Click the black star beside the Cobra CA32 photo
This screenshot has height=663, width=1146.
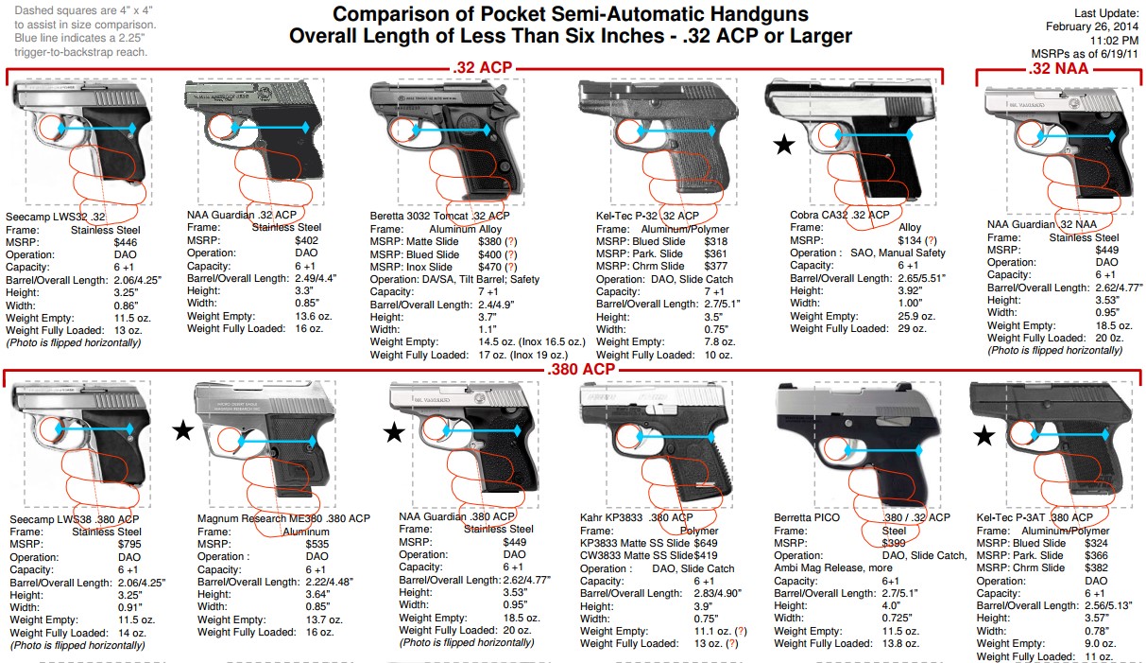pyautogui.click(x=783, y=145)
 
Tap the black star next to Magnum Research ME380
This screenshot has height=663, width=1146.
pyautogui.click(x=183, y=432)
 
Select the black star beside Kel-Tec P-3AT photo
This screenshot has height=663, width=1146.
pyautogui.click(x=984, y=436)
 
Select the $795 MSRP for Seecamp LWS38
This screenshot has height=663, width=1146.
pyautogui.click(x=129, y=546)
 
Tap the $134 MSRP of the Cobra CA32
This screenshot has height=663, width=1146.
pyautogui.click(x=911, y=240)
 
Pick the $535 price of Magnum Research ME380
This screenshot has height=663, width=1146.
pyautogui.click(x=317, y=546)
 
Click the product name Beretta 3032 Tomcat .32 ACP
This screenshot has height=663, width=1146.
pyautogui.click(x=439, y=216)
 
